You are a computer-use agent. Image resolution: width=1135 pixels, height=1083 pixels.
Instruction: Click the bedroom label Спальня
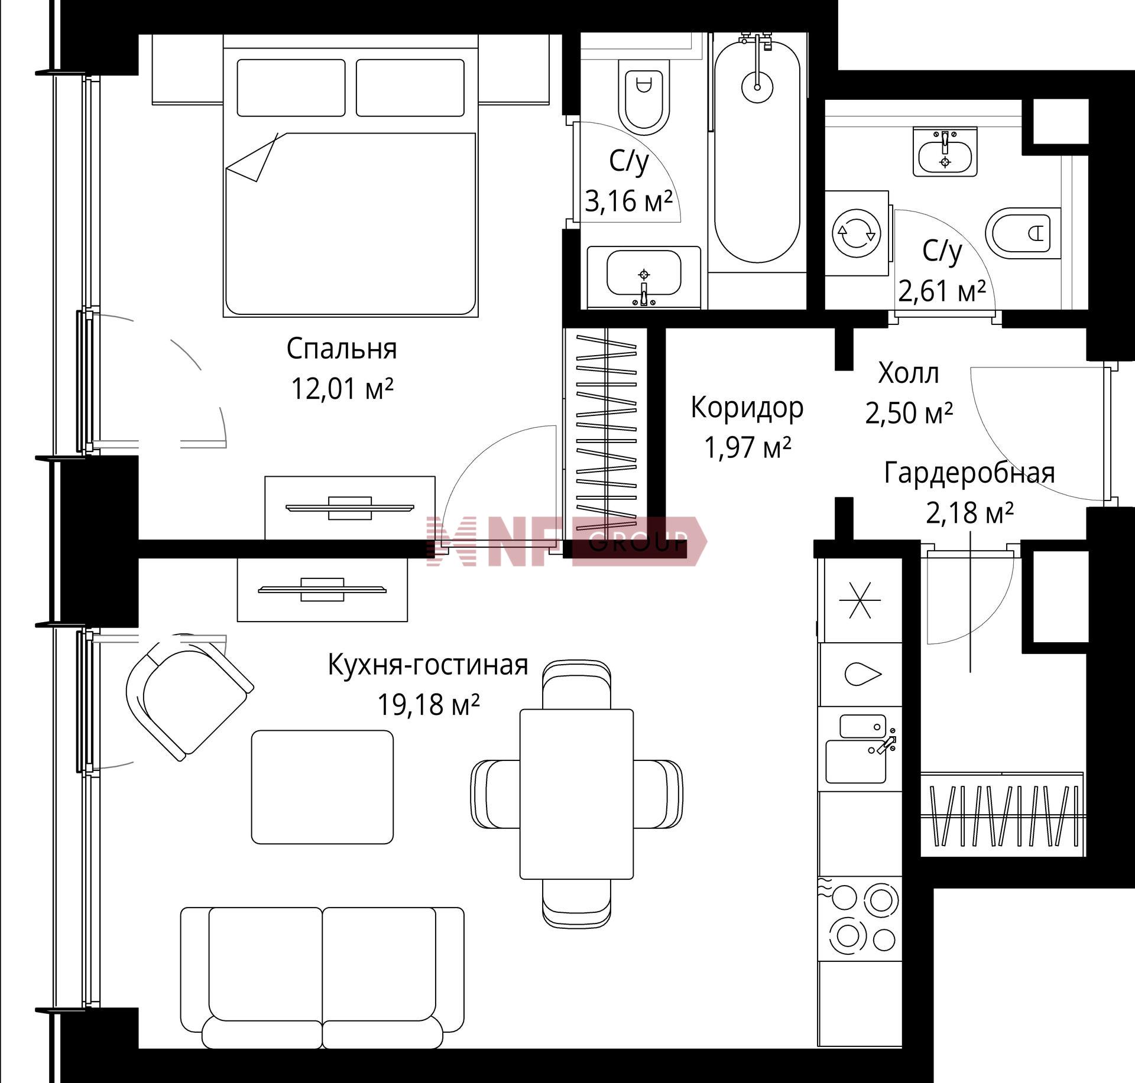point(342,349)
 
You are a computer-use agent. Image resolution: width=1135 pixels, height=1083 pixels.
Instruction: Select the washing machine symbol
point(857,233)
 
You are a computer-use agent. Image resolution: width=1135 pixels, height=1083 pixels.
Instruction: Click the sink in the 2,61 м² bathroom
point(945,152)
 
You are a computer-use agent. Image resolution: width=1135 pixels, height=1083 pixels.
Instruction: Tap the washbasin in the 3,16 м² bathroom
point(644,277)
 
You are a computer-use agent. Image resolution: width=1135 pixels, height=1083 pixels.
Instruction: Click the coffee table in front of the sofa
point(322,787)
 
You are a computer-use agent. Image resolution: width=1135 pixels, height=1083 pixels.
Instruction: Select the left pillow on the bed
point(291,87)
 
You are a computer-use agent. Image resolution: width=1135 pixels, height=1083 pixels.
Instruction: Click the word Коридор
point(747,407)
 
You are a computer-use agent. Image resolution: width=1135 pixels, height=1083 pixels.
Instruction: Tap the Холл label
point(908,373)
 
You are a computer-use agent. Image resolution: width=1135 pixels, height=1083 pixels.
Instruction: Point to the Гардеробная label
point(969,473)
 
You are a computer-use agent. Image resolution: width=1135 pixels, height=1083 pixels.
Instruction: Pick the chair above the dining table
point(576,684)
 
